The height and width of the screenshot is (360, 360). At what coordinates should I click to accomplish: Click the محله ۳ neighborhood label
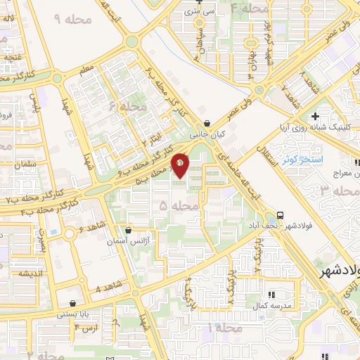[335, 191]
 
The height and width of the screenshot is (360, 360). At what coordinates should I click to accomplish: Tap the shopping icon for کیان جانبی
[205, 122]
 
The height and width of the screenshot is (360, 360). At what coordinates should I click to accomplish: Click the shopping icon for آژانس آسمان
[127, 230]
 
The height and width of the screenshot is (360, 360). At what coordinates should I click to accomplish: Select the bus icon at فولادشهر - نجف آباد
[281, 215]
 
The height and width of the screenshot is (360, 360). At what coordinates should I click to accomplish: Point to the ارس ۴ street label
[86, 328]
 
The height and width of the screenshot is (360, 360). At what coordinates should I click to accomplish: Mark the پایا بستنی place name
[73, 316]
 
